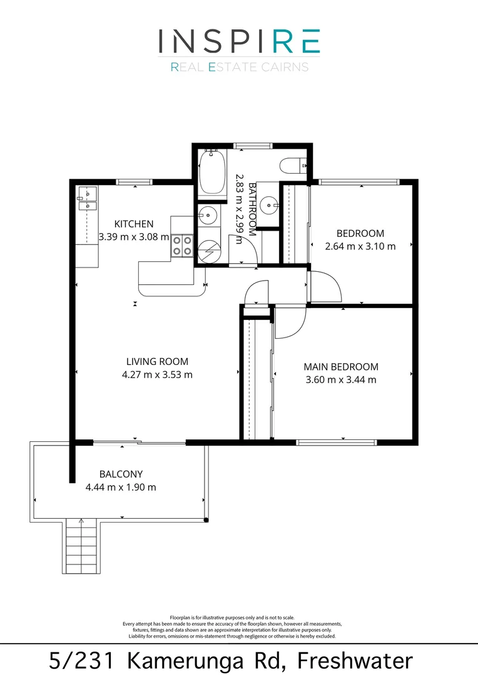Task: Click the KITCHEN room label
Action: (x=134, y=224)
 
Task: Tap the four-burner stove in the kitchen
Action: (x=182, y=246)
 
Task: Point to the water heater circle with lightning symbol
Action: (x=209, y=251)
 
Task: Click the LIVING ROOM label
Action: (x=157, y=362)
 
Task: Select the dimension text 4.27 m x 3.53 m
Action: (x=157, y=374)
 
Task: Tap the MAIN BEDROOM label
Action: (x=341, y=367)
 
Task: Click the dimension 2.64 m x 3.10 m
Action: (x=360, y=246)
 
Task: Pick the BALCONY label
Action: (x=121, y=474)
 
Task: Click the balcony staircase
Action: (x=82, y=546)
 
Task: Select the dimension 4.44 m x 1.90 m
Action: (x=121, y=487)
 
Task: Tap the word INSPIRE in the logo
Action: (x=239, y=41)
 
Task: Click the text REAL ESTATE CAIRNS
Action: (x=240, y=67)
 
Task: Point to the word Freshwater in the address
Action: (x=355, y=661)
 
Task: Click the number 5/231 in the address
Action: (x=82, y=661)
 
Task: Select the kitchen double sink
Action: (x=88, y=199)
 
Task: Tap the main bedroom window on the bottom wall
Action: (x=337, y=442)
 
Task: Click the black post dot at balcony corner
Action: (x=206, y=520)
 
